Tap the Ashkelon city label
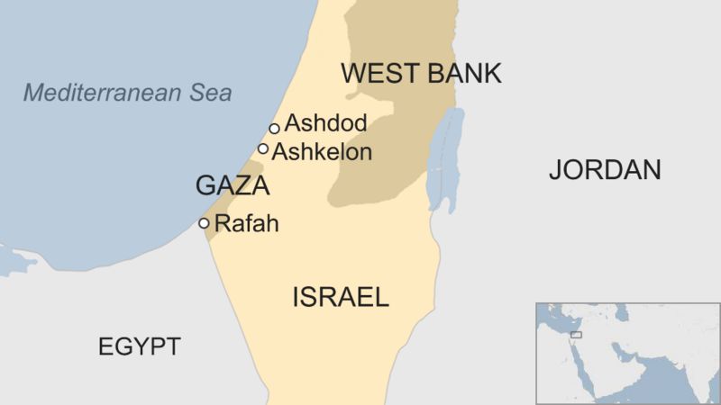322,152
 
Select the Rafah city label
248,224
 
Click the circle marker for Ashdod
274,128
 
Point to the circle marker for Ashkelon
263,148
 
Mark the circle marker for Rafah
204,223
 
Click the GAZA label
233,186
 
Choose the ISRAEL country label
340,297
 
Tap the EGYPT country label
140,346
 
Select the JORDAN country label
606,169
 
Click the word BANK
459,74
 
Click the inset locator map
627,353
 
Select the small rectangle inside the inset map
576,335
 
